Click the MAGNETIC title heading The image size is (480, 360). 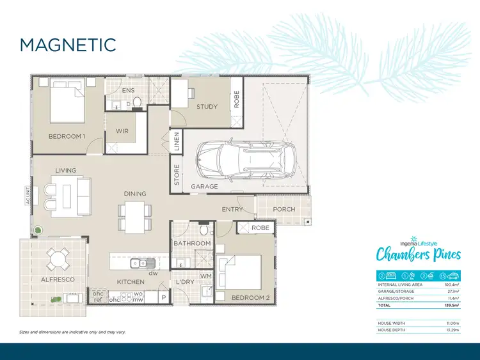(x=68, y=45)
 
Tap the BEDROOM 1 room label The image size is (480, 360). (x=67, y=136)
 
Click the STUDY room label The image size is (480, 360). (x=207, y=107)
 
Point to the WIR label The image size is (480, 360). (x=122, y=130)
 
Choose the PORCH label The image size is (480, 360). (x=284, y=209)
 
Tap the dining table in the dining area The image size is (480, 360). (x=135, y=217)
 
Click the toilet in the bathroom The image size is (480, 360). (x=204, y=230)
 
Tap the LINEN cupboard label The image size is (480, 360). (x=176, y=143)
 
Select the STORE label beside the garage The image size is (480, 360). (x=177, y=175)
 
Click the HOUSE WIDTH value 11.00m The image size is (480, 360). (x=451, y=324)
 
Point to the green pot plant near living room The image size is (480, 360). (x=39, y=228)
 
